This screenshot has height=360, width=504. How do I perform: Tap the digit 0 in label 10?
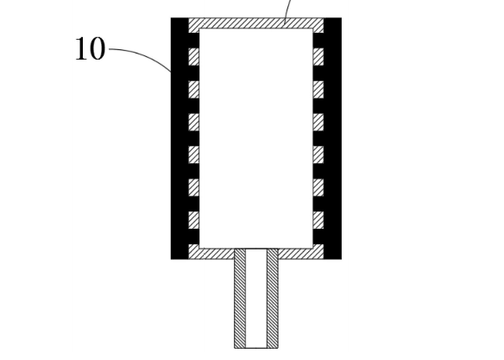coord(97,48)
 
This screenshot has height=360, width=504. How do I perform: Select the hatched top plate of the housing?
coord(255,23)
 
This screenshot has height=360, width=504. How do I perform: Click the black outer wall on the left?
coord(180,138)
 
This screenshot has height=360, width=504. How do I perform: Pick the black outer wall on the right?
coord(332,138)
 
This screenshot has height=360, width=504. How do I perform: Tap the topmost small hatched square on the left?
coord(193,57)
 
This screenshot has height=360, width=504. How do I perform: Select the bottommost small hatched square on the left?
coord(193,220)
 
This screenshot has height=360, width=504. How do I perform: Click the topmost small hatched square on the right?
coord(318,57)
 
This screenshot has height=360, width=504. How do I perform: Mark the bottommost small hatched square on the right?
coord(318,220)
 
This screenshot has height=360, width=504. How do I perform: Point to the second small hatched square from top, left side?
coord(193,90)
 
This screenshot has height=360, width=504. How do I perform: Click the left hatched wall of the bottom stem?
coord(240,299)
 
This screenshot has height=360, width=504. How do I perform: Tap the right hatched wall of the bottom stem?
coord(273,299)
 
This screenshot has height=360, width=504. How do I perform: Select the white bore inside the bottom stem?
coord(256,299)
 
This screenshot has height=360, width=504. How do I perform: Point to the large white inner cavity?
coord(256,138)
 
